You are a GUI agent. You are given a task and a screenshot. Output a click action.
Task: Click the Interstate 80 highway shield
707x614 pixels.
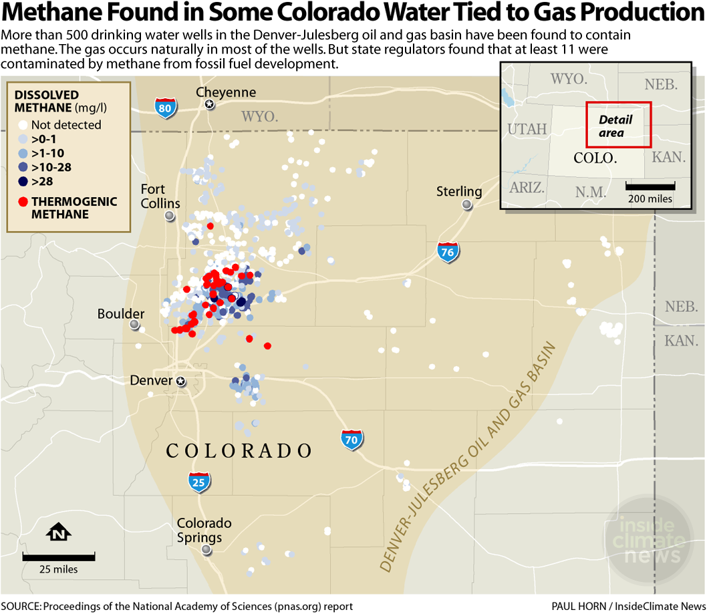pyautogui.click(x=165, y=108)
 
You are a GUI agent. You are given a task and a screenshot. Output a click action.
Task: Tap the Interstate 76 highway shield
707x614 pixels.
pyautogui.click(x=448, y=252)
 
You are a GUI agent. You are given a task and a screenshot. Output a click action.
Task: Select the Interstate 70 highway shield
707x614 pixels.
pyautogui.click(x=352, y=439)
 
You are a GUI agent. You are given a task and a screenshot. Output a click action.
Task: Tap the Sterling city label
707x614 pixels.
pyautogui.click(x=459, y=191)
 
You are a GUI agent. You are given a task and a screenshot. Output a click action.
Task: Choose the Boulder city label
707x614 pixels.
pyautogui.click(x=120, y=313)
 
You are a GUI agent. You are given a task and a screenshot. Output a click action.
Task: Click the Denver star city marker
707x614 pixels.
pyautogui.click(x=180, y=381)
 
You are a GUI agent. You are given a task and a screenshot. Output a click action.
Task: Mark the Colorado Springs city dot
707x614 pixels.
pyautogui.click(x=206, y=550)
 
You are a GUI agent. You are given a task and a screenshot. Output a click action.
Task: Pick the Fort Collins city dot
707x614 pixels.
pyautogui.click(x=170, y=215)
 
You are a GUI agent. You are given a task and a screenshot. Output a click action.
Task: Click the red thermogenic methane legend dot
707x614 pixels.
pyautogui.click(x=23, y=201)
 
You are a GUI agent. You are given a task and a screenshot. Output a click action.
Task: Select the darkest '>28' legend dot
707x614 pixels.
pyautogui.click(x=23, y=181)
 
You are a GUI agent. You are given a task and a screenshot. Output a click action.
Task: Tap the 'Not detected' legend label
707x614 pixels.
pyautogui.click(x=66, y=125)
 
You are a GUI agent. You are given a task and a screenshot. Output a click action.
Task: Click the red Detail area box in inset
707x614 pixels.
pyautogui.click(x=618, y=125)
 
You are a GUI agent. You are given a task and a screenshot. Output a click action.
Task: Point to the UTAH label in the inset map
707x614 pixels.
pyautogui.click(x=527, y=129)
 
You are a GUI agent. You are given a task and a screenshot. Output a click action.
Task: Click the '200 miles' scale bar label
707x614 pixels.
pyautogui.click(x=650, y=198)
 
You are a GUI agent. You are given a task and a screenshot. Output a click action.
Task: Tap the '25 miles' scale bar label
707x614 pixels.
pyautogui.click(x=59, y=569)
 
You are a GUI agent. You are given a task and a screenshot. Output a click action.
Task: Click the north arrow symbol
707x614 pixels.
pyautogui.click(x=59, y=532)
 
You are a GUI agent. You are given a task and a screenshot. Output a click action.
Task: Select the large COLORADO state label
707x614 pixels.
pyautogui.click(x=239, y=451)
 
